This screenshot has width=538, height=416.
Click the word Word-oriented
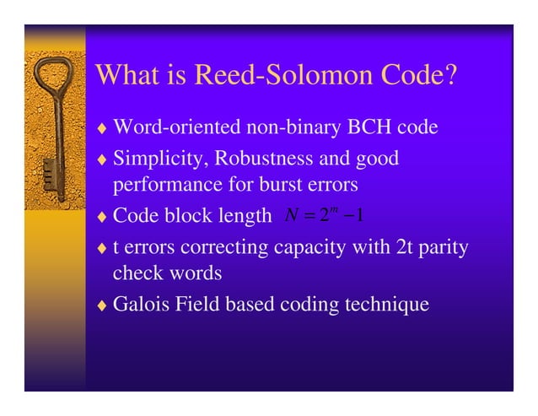(x=176, y=129)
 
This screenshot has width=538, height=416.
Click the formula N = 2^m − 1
(x=325, y=216)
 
